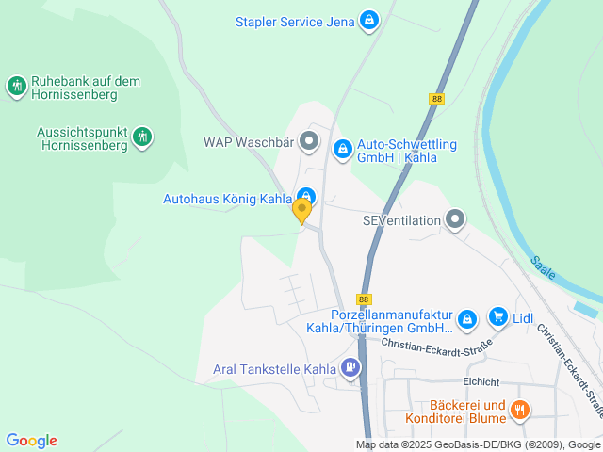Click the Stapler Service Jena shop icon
tap(368, 19)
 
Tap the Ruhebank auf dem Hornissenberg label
tap(86, 89)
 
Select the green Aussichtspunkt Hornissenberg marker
tap(142, 137)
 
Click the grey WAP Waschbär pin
tap(309, 142)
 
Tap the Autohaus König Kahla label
tap(227, 199)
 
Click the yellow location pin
tap(301, 209)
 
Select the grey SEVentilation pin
tap(456, 220)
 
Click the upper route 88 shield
tap(435, 99)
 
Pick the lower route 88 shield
tap(366, 297)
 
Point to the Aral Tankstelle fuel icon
tap(350, 368)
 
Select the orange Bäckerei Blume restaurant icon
tap(520, 411)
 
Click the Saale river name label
tap(543, 268)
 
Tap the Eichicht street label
tap(481, 381)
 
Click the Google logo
tap(31, 441)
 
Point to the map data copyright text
tap(478, 444)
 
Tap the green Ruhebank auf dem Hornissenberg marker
tap(17, 88)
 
